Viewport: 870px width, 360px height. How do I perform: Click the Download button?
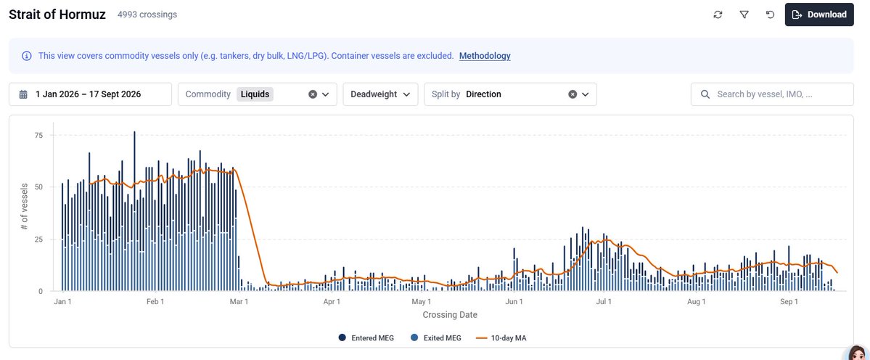point(819,15)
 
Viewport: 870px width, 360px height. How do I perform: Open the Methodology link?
point(485,55)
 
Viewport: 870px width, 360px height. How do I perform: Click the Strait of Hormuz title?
point(57,15)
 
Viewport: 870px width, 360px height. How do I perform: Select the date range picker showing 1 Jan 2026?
point(91,94)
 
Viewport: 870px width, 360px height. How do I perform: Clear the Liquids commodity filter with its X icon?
point(313,94)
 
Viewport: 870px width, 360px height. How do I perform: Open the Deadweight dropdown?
point(381,94)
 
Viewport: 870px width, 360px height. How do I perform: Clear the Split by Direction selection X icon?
point(573,94)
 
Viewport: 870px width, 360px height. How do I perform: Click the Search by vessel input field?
point(772,94)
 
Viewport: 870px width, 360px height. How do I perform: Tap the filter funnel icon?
point(744,15)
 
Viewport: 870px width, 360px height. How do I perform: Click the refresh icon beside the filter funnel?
point(718,15)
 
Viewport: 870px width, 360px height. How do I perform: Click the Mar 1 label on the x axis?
point(239,302)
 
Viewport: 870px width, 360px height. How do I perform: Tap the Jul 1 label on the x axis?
point(604,302)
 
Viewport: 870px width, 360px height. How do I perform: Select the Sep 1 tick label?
point(789,302)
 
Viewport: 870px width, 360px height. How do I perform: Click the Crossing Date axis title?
point(450,315)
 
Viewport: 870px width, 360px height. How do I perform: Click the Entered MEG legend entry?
point(366,337)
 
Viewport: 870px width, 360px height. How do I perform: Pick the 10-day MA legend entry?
point(501,337)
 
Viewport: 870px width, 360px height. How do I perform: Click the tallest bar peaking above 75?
point(134,210)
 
